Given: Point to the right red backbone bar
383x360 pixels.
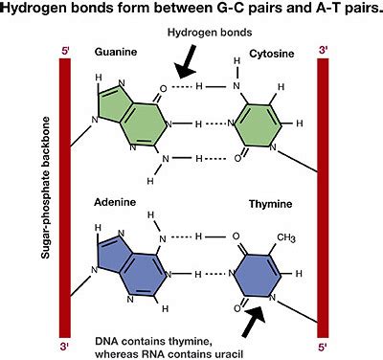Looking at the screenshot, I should [x=324, y=191].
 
